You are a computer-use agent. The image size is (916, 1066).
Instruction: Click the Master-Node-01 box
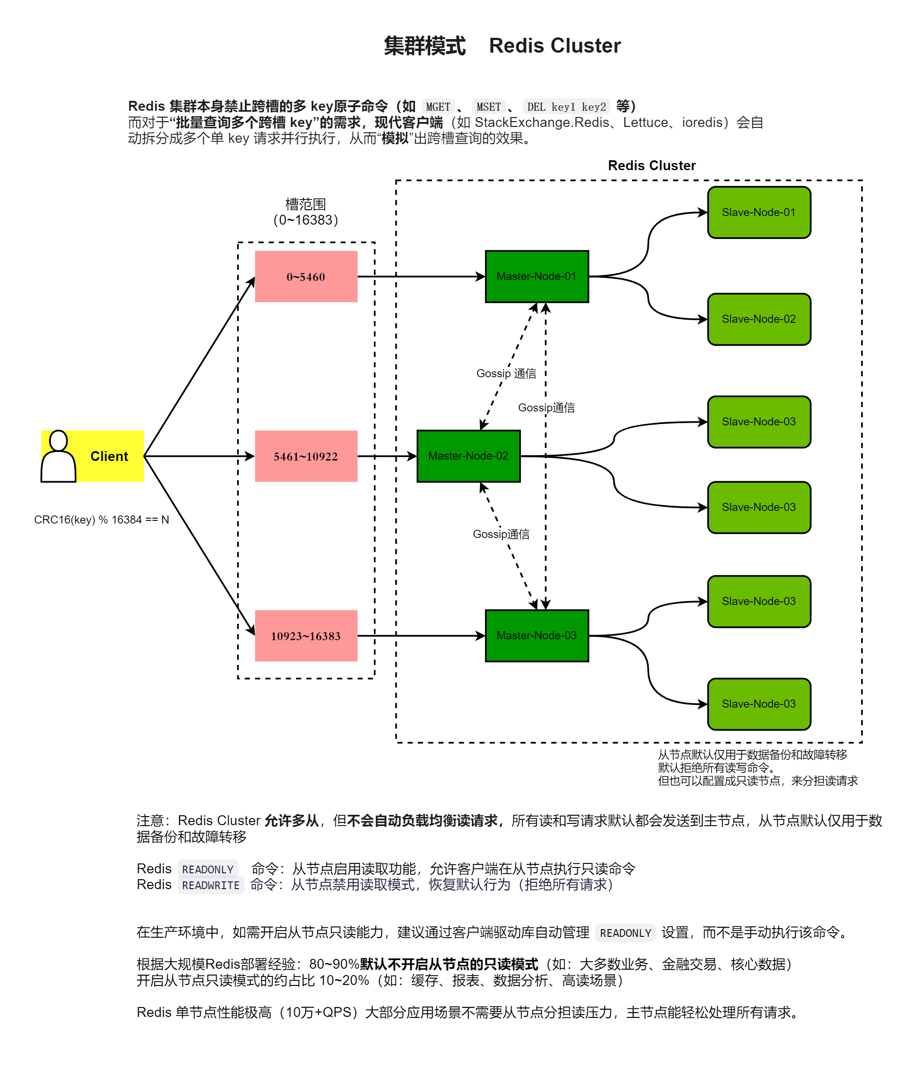point(537,276)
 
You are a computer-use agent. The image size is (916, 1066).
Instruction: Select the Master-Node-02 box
point(468,456)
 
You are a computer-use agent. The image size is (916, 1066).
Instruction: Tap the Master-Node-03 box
point(537,635)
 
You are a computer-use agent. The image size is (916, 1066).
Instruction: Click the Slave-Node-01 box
point(759,212)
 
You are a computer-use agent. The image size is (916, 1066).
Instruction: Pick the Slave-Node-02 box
point(759,319)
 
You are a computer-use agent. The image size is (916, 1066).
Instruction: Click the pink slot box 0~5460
point(306,276)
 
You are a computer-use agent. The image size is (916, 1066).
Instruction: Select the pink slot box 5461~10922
point(306,456)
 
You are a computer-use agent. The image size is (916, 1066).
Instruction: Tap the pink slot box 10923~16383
point(306,635)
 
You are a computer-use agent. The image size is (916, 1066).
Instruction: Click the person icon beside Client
point(58,456)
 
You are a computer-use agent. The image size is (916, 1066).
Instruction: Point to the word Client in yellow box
point(109,456)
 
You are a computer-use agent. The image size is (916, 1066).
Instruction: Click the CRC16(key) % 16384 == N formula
point(101,519)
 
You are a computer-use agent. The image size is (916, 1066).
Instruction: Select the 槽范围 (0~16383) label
point(305,212)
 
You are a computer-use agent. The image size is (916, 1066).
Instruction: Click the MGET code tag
point(438,107)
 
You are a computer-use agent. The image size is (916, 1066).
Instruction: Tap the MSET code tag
point(488,107)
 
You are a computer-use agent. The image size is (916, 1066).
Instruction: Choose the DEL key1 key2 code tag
point(566,107)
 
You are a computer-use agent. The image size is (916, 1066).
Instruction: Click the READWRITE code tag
point(211,885)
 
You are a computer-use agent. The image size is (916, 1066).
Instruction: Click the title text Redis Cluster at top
point(555,46)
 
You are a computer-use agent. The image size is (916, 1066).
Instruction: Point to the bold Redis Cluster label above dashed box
point(651,166)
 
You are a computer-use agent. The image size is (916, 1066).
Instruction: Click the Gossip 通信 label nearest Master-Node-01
point(506,374)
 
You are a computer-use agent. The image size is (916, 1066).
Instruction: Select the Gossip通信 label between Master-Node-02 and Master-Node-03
point(501,534)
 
